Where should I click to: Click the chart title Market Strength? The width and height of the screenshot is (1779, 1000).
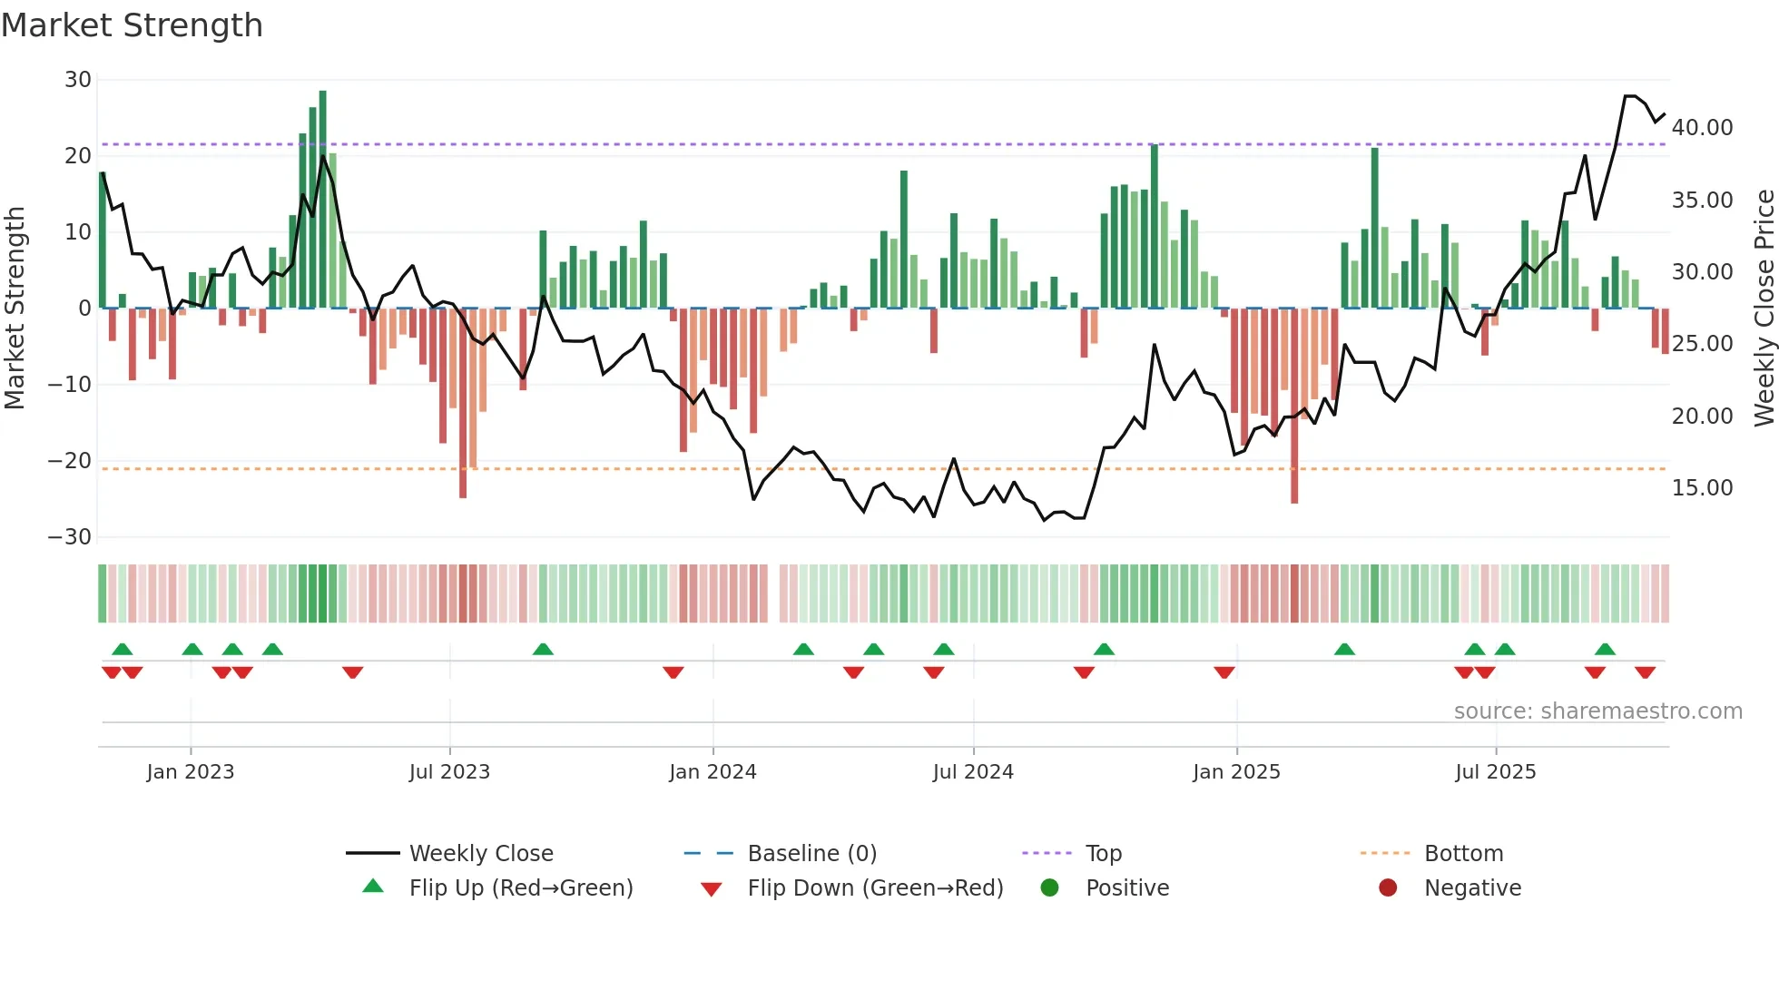click(132, 25)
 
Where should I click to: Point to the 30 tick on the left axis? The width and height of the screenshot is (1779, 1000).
click(78, 80)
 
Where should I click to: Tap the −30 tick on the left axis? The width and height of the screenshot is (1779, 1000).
click(70, 537)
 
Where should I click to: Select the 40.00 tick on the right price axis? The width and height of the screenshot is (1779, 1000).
click(1702, 128)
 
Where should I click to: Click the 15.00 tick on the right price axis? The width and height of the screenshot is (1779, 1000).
click(1702, 488)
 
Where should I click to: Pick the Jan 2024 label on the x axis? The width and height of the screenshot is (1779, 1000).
click(713, 772)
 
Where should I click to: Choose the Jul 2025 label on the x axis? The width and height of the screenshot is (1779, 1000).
click(1495, 772)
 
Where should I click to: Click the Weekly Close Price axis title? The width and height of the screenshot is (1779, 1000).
click(1764, 309)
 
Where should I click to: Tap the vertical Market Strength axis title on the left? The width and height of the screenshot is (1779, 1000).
click(15, 309)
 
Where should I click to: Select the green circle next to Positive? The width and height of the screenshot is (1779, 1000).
click(1049, 888)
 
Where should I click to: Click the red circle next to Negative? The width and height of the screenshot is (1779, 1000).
click(1388, 888)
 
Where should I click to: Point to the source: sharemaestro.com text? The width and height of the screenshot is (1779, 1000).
click(1597, 711)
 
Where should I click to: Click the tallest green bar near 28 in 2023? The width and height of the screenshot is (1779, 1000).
click(322, 200)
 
